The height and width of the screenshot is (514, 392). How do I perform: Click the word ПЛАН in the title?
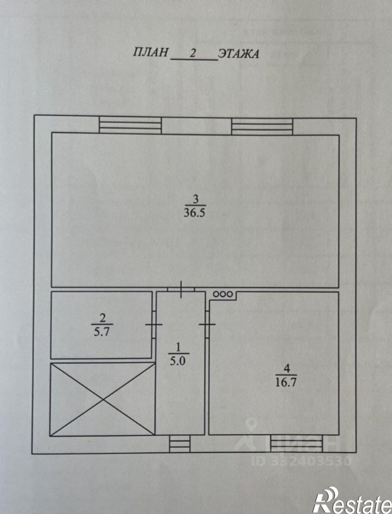pos(150,52)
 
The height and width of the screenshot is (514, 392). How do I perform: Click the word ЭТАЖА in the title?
pos(238,54)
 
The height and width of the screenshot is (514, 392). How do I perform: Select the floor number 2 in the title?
pos(192,53)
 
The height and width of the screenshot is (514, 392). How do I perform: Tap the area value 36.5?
pos(195,213)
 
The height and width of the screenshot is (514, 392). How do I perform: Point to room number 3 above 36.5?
pos(195,199)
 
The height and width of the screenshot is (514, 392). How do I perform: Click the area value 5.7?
pos(102,332)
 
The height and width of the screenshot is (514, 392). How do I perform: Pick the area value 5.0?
pos(178,361)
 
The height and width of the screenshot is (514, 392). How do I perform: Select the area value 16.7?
pos(286,382)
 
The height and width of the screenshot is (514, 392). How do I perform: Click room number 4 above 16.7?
pos(287,369)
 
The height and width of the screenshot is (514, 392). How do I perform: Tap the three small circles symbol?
pos(223,295)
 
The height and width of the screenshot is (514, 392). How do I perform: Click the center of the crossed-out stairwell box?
pos(102,399)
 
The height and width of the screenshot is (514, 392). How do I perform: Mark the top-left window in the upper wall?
pos(130,125)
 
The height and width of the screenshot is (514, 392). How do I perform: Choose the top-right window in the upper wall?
pos(262,126)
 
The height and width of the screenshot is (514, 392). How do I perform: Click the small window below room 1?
pos(180,444)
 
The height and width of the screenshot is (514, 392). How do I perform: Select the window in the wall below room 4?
pos(296,443)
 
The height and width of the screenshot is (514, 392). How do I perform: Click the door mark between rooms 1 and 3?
pos(182,290)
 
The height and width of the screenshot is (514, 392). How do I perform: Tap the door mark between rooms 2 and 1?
pos(154,324)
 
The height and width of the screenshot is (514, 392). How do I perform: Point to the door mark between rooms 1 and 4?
pos(207,324)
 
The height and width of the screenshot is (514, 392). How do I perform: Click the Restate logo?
pos(353,500)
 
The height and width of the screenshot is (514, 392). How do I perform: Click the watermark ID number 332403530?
pos(302,461)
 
